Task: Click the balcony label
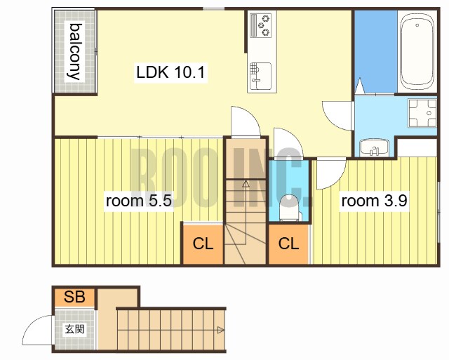[x=74, y=51]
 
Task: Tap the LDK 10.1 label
[x=170, y=72]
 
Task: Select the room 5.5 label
[x=139, y=201]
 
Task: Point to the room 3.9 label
[x=374, y=201]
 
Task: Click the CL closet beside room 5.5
[x=203, y=244]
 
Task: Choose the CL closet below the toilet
[x=288, y=244]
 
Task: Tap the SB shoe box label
[x=74, y=297]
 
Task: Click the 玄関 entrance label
[x=74, y=329]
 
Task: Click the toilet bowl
[x=290, y=208]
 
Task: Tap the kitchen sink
[x=260, y=76]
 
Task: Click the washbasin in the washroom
[x=374, y=147]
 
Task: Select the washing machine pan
[x=422, y=113]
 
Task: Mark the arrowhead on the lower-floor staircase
[x=221, y=331]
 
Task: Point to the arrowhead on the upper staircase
[x=246, y=184]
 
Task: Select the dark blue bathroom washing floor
[x=376, y=51]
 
